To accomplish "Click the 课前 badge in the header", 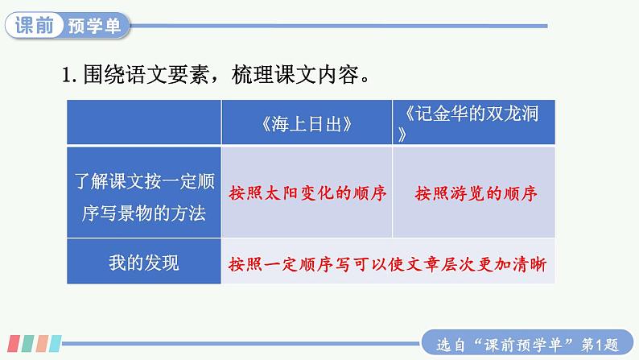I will click(35, 26).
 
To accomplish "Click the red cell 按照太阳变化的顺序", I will click(308, 194).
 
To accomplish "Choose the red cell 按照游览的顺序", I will click(476, 194).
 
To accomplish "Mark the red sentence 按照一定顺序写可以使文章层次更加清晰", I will click(392, 263).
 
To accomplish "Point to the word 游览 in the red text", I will click(467, 194).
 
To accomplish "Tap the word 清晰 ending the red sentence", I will click(538, 263).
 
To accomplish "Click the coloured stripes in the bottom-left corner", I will click(31, 342).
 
